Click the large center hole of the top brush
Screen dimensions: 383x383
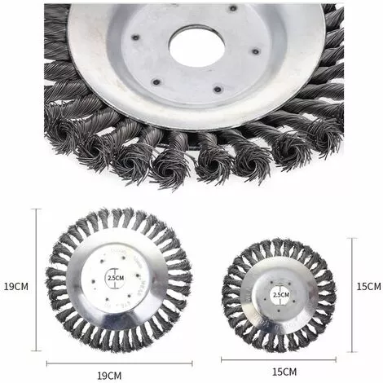coord(196,47)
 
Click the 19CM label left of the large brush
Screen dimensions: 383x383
coord(15,287)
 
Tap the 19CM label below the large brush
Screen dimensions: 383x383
coord(109,376)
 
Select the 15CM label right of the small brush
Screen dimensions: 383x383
coord(368,286)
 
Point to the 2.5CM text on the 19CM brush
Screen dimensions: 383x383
coord(116,278)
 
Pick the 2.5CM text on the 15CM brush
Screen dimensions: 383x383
coord(280,293)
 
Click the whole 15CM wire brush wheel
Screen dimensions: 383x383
coord(279,295)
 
